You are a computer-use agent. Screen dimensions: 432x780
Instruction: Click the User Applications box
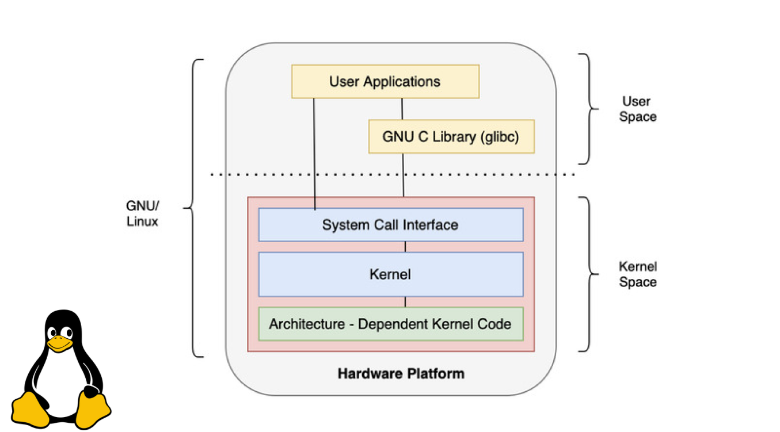click(x=385, y=81)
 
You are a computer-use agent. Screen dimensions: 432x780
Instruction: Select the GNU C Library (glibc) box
click(x=451, y=137)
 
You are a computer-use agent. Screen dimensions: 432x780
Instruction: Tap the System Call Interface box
click(x=390, y=224)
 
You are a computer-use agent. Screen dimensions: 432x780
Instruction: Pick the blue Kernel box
click(x=390, y=274)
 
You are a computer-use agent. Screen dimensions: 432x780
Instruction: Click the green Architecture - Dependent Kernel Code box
click(x=390, y=324)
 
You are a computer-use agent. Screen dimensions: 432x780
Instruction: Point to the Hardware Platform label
click(x=401, y=373)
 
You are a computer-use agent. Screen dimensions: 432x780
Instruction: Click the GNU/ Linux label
click(x=142, y=213)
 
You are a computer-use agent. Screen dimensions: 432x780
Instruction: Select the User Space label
click(x=637, y=109)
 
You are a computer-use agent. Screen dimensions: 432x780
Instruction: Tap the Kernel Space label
click(x=637, y=274)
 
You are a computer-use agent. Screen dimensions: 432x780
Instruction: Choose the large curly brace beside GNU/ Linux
click(x=196, y=208)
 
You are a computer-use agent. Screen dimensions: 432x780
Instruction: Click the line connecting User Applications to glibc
click(x=402, y=109)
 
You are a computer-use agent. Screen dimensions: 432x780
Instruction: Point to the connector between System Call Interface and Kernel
click(x=405, y=247)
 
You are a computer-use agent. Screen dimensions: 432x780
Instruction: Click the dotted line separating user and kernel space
click(x=391, y=174)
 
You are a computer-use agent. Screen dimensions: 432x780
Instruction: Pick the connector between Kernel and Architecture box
click(x=405, y=302)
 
